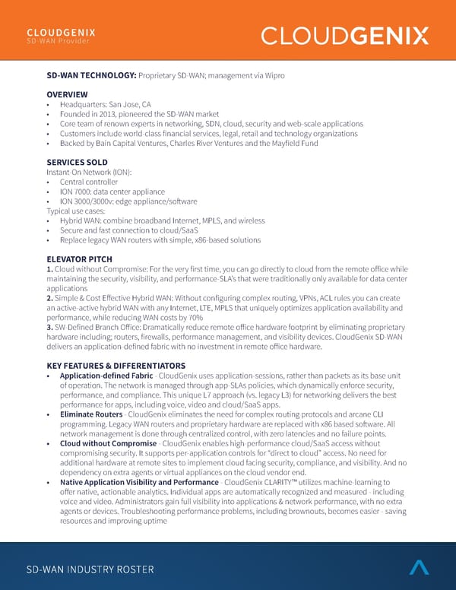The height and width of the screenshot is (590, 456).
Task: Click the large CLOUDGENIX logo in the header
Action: [x=344, y=36]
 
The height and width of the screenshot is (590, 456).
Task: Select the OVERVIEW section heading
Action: [x=68, y=95]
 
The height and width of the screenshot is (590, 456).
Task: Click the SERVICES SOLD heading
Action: [x=77, y=163]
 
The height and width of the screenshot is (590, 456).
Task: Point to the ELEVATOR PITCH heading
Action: [x=80, y=259]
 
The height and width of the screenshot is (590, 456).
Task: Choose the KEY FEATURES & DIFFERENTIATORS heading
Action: [x=116, y=366]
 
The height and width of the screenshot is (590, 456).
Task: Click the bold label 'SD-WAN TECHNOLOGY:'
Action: [x=90, y=75]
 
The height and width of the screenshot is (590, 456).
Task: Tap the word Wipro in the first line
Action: [x=271, y=75]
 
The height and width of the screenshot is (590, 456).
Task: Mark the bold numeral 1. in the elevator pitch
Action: [x=49, y=270]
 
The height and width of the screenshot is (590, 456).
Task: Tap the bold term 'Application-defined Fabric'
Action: [x=107, y=376]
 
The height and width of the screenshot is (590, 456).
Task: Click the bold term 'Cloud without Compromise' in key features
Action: [x=108, y=443]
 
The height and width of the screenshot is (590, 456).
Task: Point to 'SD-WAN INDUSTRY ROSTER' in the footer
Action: [x=90, y=569]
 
